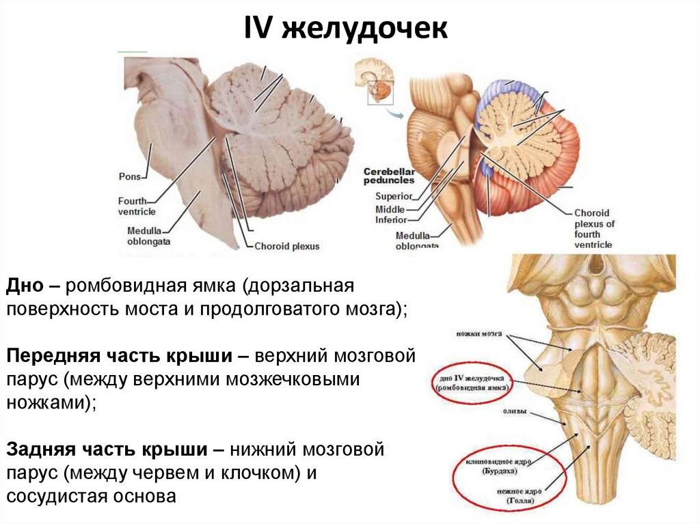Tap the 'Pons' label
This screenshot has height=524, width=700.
coord(130,176)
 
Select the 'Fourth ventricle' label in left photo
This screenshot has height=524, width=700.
coord(137,206)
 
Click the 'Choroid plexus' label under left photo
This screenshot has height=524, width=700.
coord(286,246)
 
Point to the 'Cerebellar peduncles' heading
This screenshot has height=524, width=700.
coord(388,176)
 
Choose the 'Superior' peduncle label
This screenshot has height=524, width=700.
coord(393,197)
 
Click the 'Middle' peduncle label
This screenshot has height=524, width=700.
coord(390,209)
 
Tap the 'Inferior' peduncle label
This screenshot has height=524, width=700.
coord(391,220)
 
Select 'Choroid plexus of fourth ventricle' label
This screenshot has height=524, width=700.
coord(594,228)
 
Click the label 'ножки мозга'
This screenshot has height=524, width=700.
coord(478,334)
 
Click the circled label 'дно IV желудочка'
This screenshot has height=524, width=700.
coord(472,382)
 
